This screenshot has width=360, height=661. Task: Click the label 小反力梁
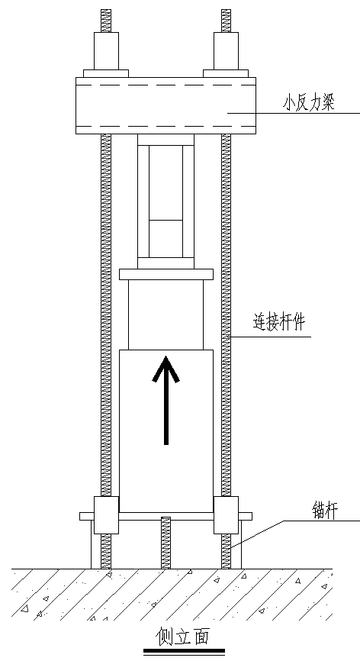point(309,102)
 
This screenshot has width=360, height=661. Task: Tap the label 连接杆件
point(279,324)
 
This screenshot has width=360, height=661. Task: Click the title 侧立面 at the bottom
point(183,636)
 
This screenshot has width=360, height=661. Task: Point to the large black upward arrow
point(166,400)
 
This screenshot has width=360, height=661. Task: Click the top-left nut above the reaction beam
point(106,51)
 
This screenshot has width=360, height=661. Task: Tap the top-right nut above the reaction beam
point(226,51)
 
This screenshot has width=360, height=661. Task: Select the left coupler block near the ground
point(106,515)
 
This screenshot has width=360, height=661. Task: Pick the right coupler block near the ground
point(226,515)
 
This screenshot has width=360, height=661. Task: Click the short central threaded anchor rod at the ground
point(166,543)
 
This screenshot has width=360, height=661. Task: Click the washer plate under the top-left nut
point(106,73)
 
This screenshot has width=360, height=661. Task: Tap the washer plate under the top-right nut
point(226,73)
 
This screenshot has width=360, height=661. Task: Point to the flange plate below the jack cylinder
point(166,274)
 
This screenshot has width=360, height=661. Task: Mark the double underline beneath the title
point(184,652)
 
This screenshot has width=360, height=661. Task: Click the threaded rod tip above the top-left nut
point(106,21)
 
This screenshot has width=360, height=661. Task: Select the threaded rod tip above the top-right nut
point(226,21)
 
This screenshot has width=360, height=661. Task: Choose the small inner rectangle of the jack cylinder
point(166,239)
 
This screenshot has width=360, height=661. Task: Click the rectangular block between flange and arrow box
point(166,315)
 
